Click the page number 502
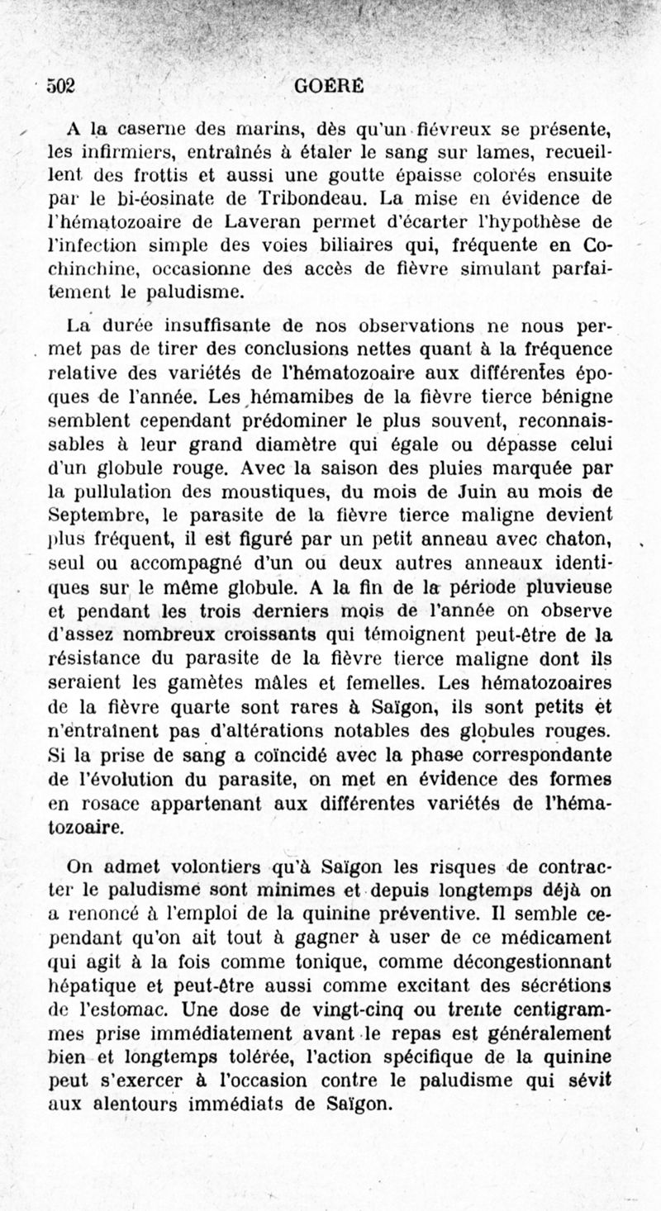tap(62, 86)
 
